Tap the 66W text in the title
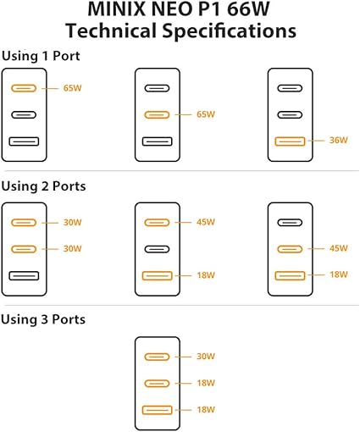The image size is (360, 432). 248,8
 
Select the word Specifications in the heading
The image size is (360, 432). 230,31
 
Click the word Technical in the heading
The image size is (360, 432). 111,30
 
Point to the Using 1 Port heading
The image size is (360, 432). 41,56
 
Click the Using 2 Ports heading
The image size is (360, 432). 43,186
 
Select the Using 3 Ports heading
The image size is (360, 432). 43,319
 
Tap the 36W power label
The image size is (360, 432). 338,140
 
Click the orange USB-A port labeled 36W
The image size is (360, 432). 290,141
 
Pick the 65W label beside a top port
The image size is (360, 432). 72,88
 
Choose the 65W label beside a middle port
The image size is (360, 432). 206,114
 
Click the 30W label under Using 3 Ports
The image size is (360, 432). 206,357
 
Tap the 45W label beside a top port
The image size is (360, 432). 206,222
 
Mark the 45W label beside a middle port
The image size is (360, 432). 338,248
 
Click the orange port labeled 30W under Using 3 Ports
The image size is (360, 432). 157,357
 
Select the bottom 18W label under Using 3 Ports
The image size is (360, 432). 206,409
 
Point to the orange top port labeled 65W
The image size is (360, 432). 24,88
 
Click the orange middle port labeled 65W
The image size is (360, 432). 157,115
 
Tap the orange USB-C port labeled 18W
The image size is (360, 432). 157,384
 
